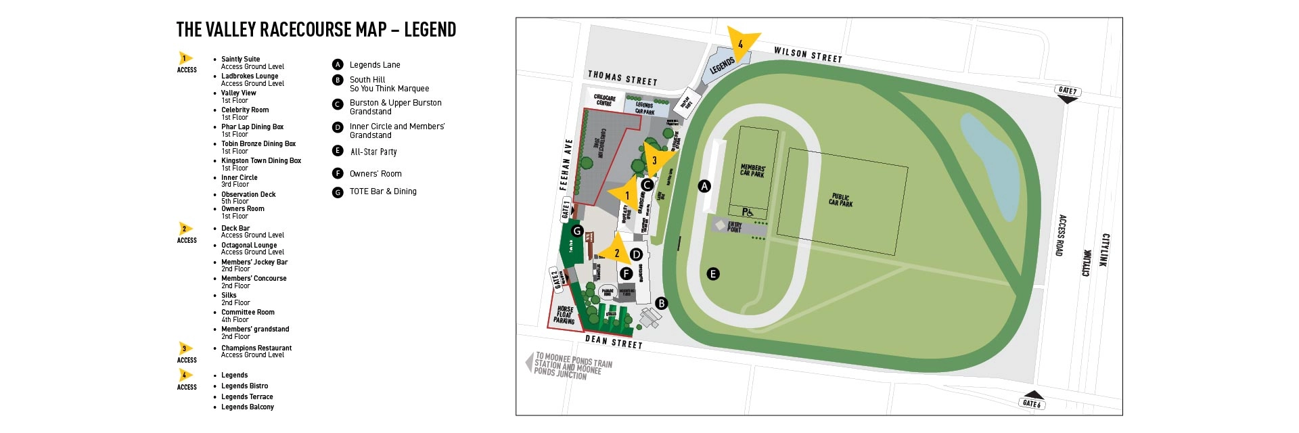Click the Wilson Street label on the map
pos(808,55)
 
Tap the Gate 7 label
pos(1067,91)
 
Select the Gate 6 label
pos(1032,403)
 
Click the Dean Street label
pos(614,342)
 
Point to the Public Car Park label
pos(841,200)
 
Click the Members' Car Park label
pos(752,170)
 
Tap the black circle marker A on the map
pos(704,186)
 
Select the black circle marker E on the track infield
pos(712,274)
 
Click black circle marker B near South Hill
pos(662,304)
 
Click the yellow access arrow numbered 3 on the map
pos(655,160)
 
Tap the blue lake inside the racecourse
pos(991,166)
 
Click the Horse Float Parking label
pos(565,315)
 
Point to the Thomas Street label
pos(622,78)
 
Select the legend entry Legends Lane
pos(375,65)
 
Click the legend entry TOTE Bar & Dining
pos(383,192)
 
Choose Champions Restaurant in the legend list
pos(256,348)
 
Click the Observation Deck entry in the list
pos(248,195)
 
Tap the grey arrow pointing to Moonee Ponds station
pos(529,363)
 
